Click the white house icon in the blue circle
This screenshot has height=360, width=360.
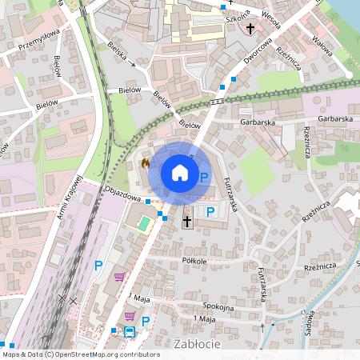point(180,172)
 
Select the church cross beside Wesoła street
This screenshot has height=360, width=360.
point(250,29)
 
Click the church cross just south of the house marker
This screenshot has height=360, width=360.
point(188,221)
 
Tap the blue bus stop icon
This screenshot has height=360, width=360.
point(129,332)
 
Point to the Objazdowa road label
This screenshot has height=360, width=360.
point(123,193)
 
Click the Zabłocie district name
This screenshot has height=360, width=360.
point(195,343)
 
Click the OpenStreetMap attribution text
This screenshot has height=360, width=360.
point(81,354)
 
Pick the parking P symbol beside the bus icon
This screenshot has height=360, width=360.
point(146,322)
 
